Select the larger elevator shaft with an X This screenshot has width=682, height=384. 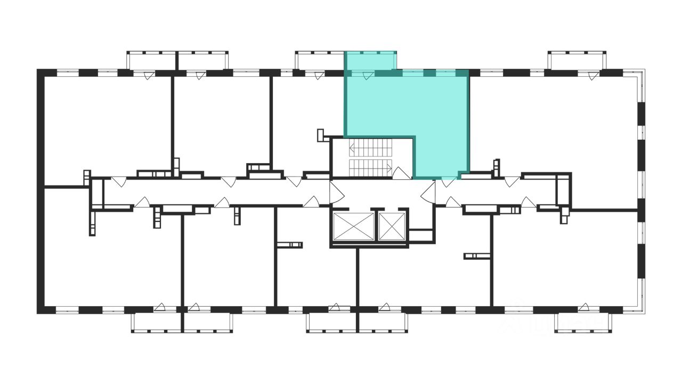[353, 226]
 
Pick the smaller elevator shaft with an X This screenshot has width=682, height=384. [392, 226]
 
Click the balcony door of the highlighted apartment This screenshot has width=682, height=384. [367, 76]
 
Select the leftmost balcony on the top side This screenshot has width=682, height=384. [152, 60]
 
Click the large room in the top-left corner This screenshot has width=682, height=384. [107, 128]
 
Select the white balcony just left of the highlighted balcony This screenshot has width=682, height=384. [320, 60]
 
